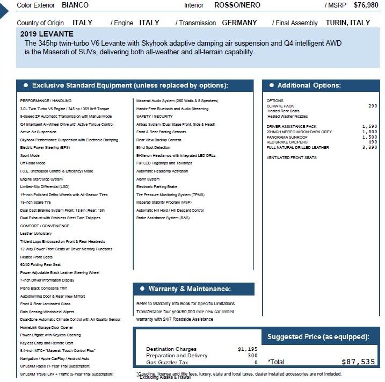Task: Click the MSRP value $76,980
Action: [366, 5]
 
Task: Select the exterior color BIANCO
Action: [75, 5]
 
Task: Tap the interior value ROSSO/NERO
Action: [237, 5]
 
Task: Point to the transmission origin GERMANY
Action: [239, 23]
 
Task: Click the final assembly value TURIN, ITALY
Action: [347, 23]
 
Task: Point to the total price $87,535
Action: [358, 362]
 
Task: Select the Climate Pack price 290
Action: [373, 106]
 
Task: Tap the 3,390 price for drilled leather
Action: [370, 147]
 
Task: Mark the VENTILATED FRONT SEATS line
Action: [292, 158]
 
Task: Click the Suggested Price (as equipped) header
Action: [318, 337]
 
